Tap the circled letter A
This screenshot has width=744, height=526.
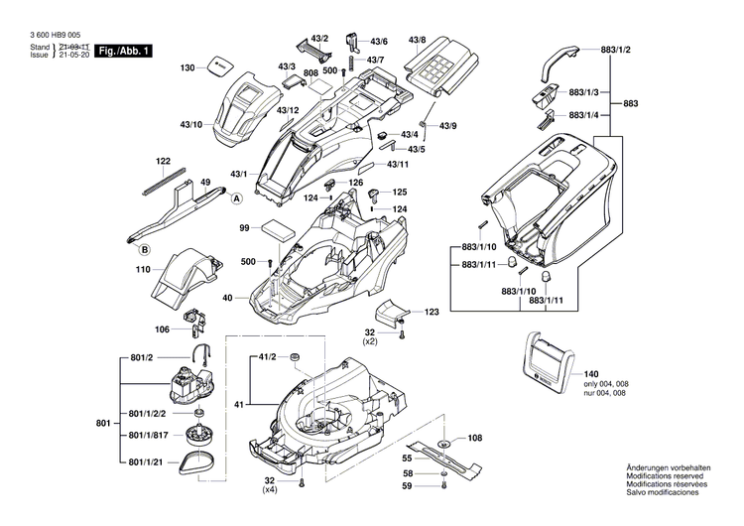tap(237, 198)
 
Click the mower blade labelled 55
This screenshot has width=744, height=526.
tap(445, 459)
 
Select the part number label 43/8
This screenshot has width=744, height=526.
tap(416, 40)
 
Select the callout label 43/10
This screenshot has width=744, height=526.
tap(190, 125)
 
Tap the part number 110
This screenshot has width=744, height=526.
tap(143, 269)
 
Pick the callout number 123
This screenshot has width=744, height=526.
tap(432, 312)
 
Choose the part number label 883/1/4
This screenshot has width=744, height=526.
tap(596, 115)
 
